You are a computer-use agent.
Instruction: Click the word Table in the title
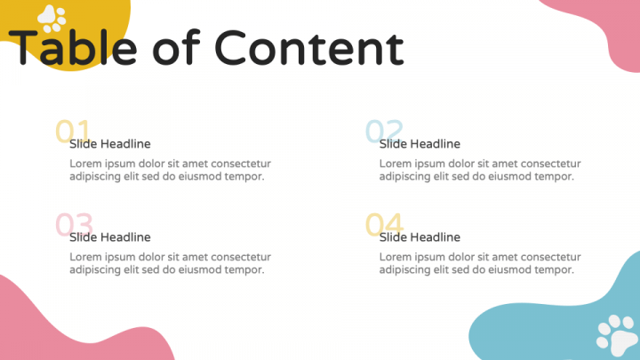point(73,47)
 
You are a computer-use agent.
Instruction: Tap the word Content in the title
point(309,48)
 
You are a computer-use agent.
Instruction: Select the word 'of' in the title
point(176,47)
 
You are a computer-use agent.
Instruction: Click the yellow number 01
point(73,131)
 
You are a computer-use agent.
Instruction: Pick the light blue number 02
point(384,131)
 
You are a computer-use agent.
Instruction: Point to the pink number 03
point(75,224)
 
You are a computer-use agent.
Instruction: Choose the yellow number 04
point(385,224)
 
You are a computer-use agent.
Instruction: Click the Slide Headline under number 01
point(110,144)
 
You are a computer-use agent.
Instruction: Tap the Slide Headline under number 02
point(420,144)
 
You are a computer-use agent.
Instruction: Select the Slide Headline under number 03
point(110,237)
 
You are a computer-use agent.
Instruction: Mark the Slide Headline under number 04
point(420,237)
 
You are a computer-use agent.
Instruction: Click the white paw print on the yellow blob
point(52,19)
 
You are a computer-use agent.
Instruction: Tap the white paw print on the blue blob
point(617,335)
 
